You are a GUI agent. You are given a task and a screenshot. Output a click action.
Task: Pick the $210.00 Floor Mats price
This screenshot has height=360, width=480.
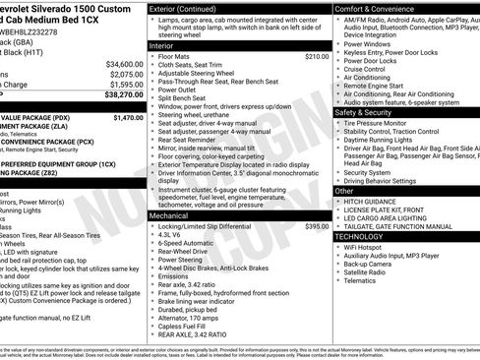click(317, 57)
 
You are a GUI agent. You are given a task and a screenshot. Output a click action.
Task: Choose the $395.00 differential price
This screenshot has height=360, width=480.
click(317, 226)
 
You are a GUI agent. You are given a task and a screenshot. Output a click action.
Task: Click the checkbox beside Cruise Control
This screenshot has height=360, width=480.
click(339, 70)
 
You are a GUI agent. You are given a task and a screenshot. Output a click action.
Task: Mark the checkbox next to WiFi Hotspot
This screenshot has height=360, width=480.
click(339, 248)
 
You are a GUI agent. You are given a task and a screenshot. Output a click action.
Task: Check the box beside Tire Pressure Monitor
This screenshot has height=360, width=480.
click(339, 123)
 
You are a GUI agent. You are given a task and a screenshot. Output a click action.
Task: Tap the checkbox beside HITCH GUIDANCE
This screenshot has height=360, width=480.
click(339, 201)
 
